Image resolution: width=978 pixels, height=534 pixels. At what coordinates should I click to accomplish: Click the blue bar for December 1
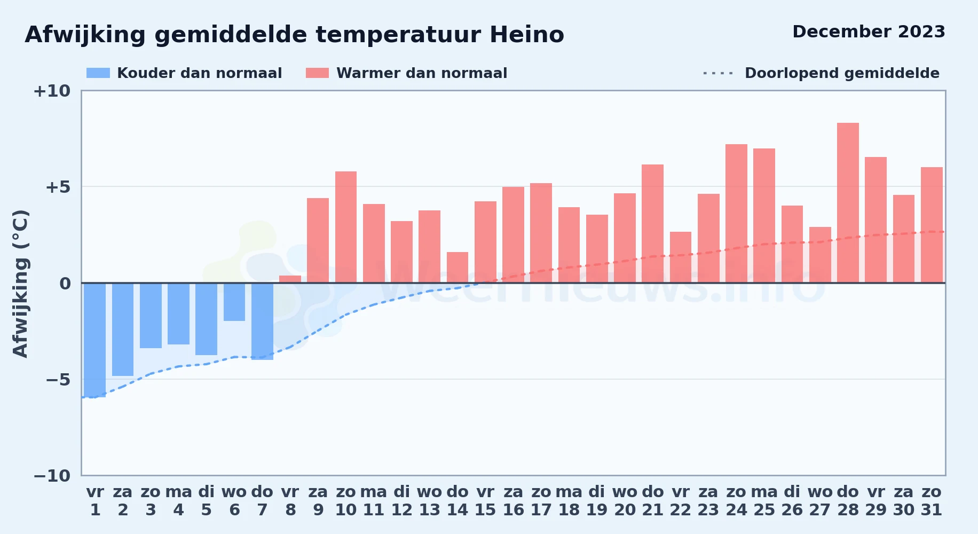point(95,340)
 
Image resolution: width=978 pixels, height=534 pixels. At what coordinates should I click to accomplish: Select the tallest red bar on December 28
point(848,203)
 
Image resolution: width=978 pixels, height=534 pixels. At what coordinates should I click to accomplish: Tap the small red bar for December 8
point(290,279)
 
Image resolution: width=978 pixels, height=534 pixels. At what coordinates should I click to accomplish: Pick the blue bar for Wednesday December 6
point(234,302)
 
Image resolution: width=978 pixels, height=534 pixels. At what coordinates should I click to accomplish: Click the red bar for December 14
point(458,268)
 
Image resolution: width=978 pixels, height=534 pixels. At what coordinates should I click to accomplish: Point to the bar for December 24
point(736,214)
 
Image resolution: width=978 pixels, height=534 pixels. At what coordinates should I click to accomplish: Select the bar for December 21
point(652,224)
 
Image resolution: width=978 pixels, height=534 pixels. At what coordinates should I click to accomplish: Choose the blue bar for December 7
point(262,321)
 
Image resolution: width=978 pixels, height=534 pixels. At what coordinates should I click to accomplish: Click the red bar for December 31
point(932,225)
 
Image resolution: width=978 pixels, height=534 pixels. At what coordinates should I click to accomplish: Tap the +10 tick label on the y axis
point(52,91)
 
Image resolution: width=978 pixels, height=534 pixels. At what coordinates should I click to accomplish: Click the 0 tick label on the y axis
point(65,284)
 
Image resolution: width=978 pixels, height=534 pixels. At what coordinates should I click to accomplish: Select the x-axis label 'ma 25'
point(764,501)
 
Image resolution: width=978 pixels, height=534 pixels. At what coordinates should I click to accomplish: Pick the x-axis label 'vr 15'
point(485,501)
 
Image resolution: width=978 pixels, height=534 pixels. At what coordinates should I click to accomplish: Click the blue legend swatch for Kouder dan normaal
point(98,73)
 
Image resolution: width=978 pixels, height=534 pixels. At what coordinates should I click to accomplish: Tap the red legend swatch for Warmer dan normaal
point(317,73)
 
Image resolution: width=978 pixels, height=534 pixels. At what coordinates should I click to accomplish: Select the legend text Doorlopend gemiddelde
point(842,73)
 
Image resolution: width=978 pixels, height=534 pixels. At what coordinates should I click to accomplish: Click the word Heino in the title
point(527,35)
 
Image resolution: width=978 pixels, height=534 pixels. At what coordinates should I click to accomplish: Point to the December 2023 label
point(869,32)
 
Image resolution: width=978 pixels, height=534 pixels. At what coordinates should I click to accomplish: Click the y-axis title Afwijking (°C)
point(20,284)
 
